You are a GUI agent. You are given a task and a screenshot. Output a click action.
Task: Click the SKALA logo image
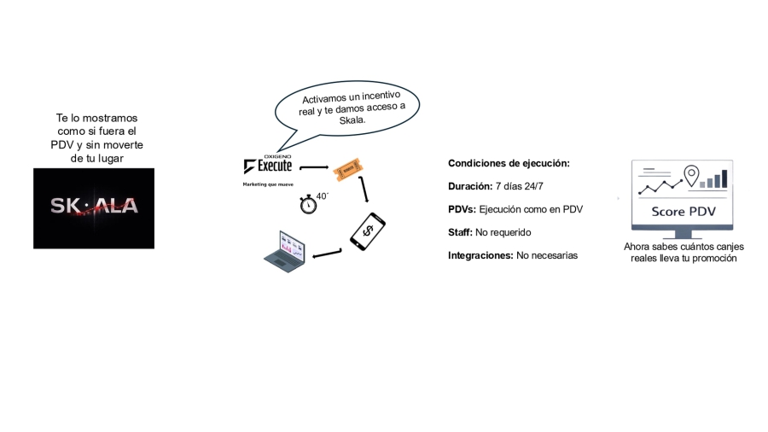tap(94, 208)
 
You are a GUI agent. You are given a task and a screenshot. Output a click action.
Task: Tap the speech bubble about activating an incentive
tap(348, 110)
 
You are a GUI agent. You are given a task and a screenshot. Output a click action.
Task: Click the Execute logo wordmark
tap(268, 165)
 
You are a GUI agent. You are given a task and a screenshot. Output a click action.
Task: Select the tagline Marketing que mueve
tap(268, 184)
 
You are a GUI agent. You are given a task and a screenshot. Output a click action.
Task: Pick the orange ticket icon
tap(348, 169)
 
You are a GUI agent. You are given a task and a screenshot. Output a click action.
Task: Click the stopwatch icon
tap(308, 204)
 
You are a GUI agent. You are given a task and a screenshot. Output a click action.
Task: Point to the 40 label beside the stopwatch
tap(323, 196)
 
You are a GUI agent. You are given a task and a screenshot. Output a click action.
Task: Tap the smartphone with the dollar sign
tap(367, 231)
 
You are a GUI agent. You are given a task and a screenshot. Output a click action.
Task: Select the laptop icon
tap(284, 251)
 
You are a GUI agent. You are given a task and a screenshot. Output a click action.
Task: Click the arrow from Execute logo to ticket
tap(314, 167)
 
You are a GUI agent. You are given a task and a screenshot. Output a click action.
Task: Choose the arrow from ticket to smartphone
tap(364, 189)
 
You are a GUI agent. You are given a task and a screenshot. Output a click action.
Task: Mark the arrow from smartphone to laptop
tap(327, 254)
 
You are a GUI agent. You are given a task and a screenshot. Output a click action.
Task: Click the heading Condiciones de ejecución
tap(509, 164)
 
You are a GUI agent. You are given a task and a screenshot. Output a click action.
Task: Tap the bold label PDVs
tap(462, 209)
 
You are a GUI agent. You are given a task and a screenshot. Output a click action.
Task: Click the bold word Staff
tap(461, 232)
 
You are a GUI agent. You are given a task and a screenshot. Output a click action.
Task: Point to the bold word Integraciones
tap(480, 255)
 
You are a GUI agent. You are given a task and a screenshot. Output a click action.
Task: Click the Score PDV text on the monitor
tap(684, 212)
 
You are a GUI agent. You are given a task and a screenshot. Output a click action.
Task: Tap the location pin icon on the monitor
tap(691, 175)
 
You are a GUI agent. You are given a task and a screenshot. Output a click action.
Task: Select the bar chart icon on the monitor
tap(713, 179)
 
